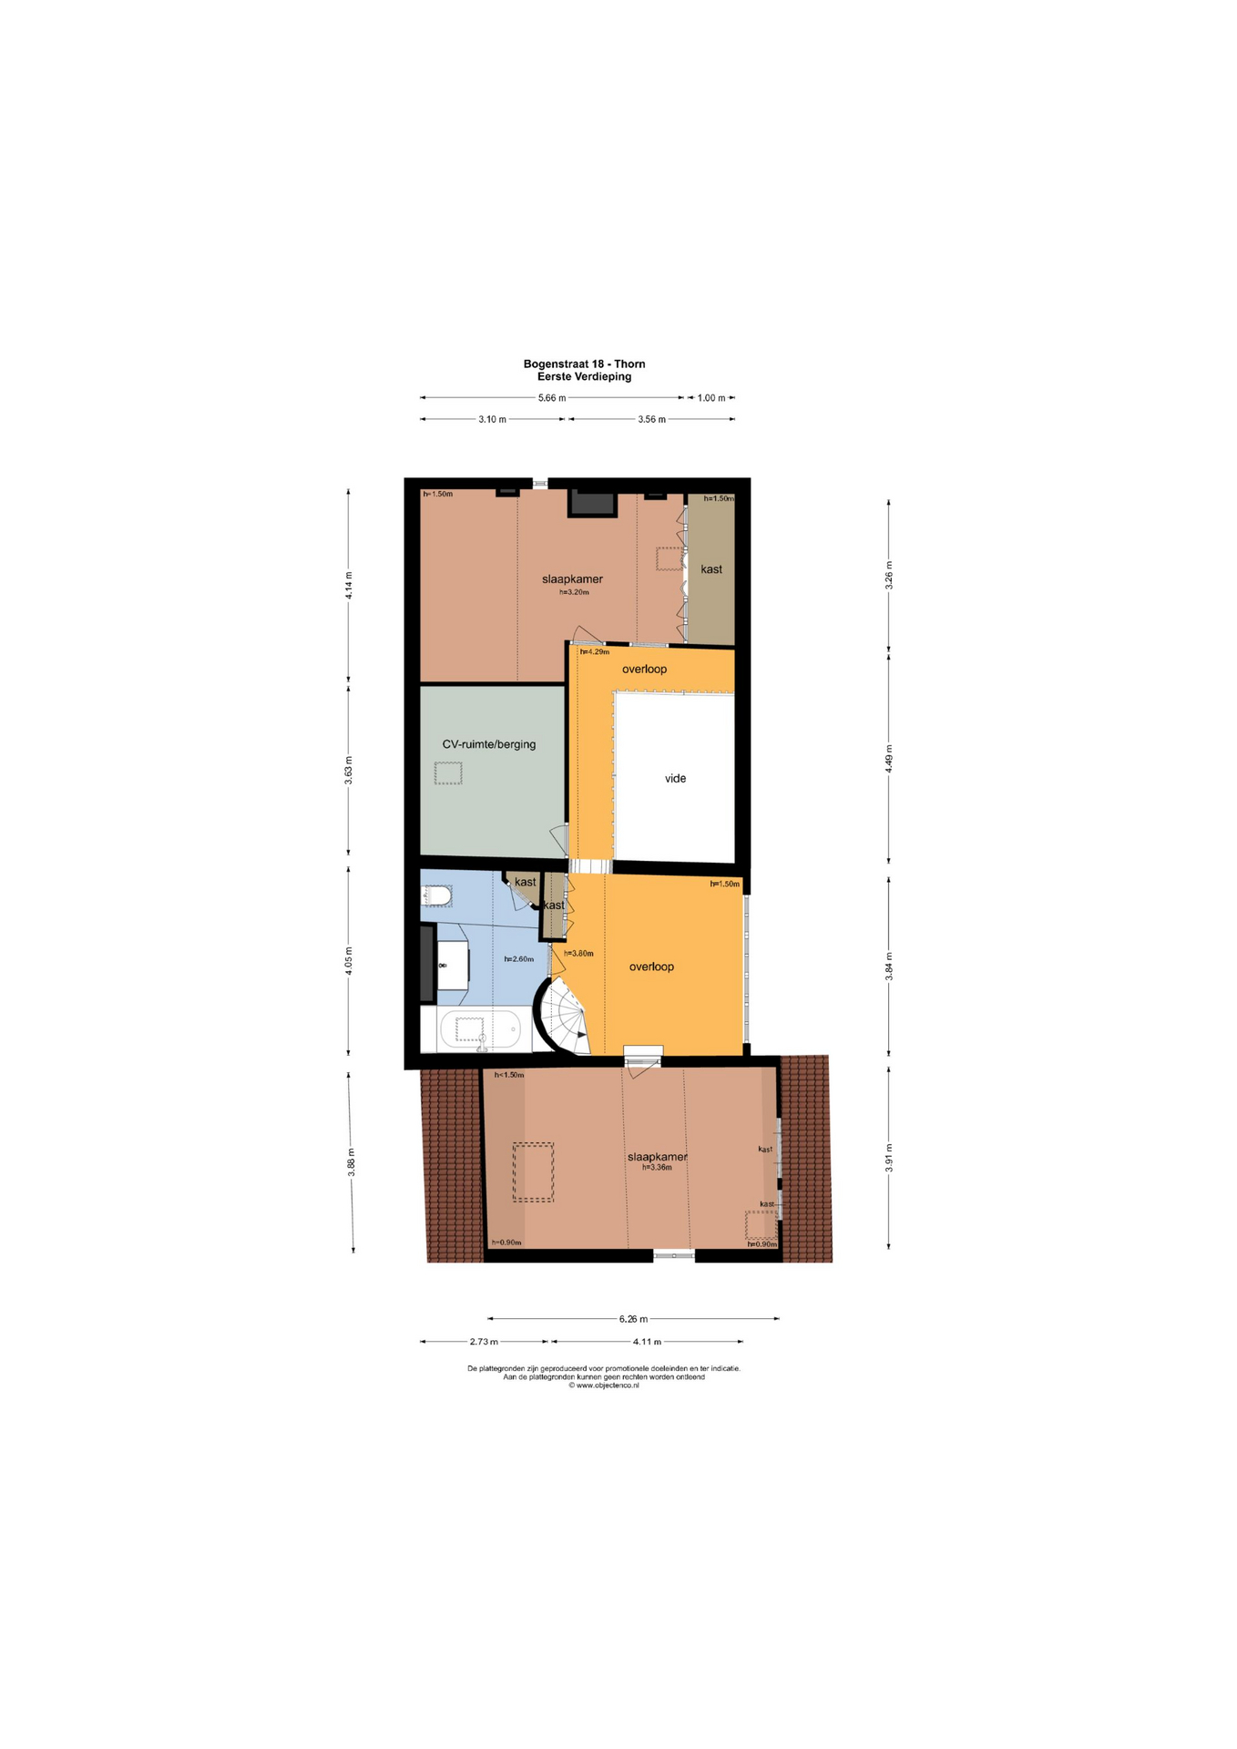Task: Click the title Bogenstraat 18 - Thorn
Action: [x=584, y=363]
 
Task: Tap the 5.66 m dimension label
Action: [x=552, y=398]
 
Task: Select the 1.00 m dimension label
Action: [x=711, y=398]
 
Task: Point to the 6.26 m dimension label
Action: [x=633, y=1318]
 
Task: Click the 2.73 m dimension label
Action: [x=484, y=1341]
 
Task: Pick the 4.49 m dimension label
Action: [x=889, y=759]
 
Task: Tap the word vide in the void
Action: [x=675, y=778]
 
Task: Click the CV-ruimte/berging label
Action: [x=489, y=744]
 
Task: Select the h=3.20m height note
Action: [x=574, y=592]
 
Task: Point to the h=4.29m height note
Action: [x=595, y=651]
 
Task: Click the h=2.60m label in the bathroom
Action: [x=519, y=958]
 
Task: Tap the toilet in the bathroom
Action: [x=436, y=896]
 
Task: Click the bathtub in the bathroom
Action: [x=480, y=1029]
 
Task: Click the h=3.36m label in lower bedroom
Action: [x=657, y=1167]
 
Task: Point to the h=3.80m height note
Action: [x=578, y=953]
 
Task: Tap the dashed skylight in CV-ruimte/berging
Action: [x=448, y=772]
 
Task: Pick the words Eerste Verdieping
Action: [x=584, y=376]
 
